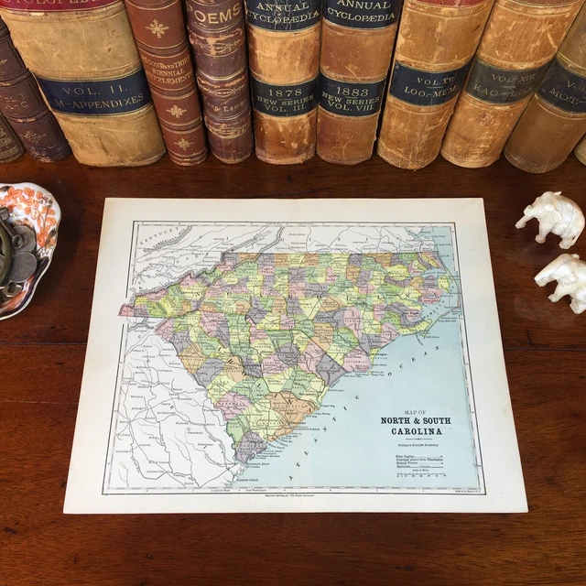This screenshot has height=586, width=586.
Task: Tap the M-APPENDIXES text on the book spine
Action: [x=93, y=104]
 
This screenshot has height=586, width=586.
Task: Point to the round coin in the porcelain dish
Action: [x=23, y=266]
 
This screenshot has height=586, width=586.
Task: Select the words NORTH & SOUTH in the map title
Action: [x=411, y=421]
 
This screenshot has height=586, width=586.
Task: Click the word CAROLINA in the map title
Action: [x=411, y=431]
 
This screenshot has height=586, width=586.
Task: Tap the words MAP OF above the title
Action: [x=412, y=411]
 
